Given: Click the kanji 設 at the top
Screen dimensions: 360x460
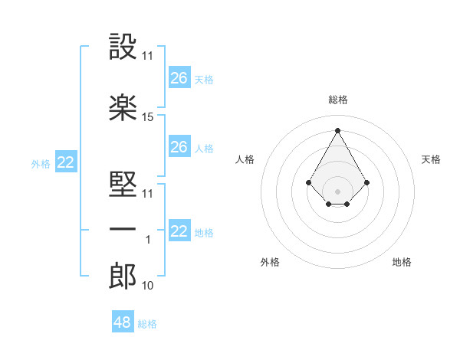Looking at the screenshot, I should (x=123, y=47).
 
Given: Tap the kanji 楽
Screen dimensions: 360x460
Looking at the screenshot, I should (x=123, y=108).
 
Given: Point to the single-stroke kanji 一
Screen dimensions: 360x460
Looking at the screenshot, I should (x=123, y=230).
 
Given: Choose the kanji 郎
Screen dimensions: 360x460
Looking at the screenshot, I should (x=123, y=277).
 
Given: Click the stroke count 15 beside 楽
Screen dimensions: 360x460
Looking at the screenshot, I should (x=148, y=117).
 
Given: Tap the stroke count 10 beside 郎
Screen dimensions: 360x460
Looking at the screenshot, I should (x=148, y=286).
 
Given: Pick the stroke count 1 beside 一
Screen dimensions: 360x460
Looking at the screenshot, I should (x=148, y=240).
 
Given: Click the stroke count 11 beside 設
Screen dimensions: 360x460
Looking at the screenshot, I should (x=148, y=56).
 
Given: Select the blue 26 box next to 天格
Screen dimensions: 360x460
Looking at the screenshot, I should (x=179, y=77).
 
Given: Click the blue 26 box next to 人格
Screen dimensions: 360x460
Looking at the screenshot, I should (x=179, y=146).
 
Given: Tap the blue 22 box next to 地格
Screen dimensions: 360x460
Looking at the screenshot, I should (x=179, y=231).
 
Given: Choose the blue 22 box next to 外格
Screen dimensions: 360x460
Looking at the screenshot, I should (x=65, y=162).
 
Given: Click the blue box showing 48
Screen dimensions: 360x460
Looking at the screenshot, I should (x=122, y=322).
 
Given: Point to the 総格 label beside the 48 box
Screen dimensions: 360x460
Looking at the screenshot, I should (x=148, y=324).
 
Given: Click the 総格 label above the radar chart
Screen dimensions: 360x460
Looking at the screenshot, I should (x=337, y=100).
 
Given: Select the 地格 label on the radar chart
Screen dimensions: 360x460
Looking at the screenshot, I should (x=402, y=262).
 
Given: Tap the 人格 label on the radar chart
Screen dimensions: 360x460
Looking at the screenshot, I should (x=245, y=159).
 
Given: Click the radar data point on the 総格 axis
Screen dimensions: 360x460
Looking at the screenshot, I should (x=337, y=130).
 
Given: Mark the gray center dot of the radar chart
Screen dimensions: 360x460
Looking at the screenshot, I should (x=337, y=191).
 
